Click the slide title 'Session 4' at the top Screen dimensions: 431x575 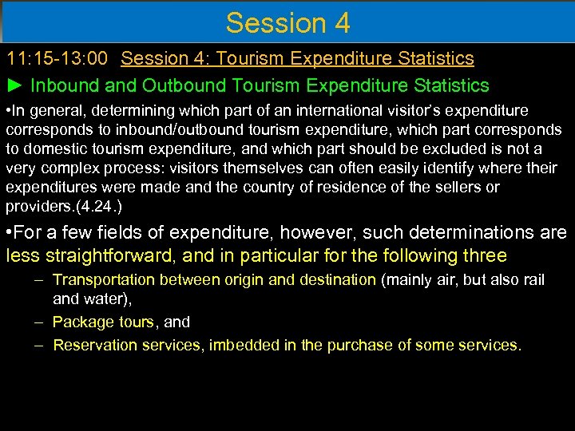click(287, 22)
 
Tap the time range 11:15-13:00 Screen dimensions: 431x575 click(58, 58)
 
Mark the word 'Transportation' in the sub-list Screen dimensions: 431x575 click(104, 279)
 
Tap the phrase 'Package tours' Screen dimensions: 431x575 click(103, 322)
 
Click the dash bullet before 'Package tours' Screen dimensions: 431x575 click(39, 322)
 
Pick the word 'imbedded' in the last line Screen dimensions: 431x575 click(238, 345)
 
